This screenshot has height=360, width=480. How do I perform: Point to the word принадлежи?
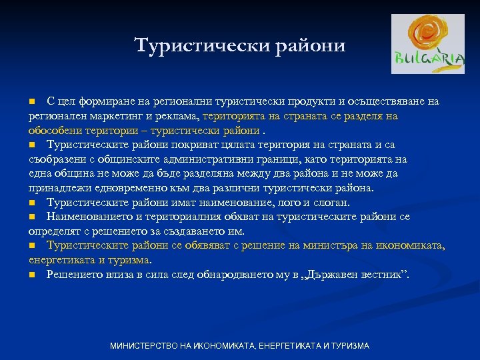pos(57,188)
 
